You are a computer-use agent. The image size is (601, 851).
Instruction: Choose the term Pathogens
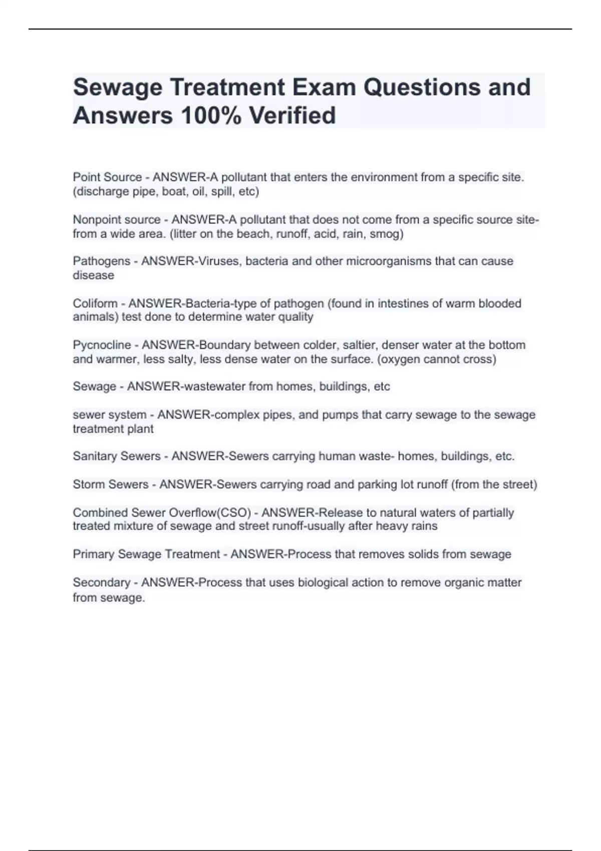[102, 261]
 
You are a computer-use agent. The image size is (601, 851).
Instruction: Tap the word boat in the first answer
[173, 192]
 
